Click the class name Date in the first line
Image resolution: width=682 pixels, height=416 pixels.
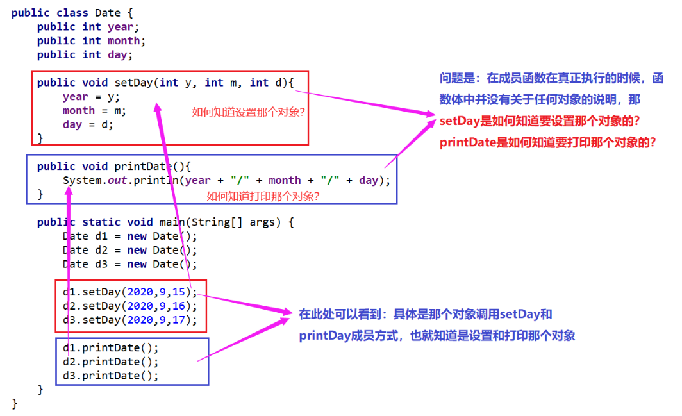[x=108, y=13]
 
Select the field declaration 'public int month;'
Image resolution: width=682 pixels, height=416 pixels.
[x=91, y=41]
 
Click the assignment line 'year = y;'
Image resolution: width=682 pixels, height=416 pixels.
[x=91, y=97]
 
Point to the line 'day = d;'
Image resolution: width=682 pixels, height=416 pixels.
[x=88, y=124]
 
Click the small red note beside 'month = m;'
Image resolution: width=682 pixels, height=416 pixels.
[x=248, y=112]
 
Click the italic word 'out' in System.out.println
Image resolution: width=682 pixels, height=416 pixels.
[x=117, y=180]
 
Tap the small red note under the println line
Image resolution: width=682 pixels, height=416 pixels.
[x=263, y=196]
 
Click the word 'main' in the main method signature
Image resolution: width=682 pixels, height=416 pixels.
[x=172, y=222]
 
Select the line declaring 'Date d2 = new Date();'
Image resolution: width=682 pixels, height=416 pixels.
[x=129, y=250]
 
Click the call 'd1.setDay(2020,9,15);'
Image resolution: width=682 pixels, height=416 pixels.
[x=129, y=292]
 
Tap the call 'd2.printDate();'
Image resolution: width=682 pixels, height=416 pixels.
[x=110, y=362]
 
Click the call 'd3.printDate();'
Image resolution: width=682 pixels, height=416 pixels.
[x=110, y=376]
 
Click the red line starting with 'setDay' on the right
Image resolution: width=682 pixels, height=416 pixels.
[x=539, y=121]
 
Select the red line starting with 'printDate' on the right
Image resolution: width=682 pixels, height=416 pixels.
[x=547, y=142]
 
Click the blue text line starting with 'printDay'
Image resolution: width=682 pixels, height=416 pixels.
[x=437, y=335]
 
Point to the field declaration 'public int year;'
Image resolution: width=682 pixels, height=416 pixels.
[x=88, y=27]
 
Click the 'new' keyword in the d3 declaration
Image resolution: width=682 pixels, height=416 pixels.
[x=137, y=264]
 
